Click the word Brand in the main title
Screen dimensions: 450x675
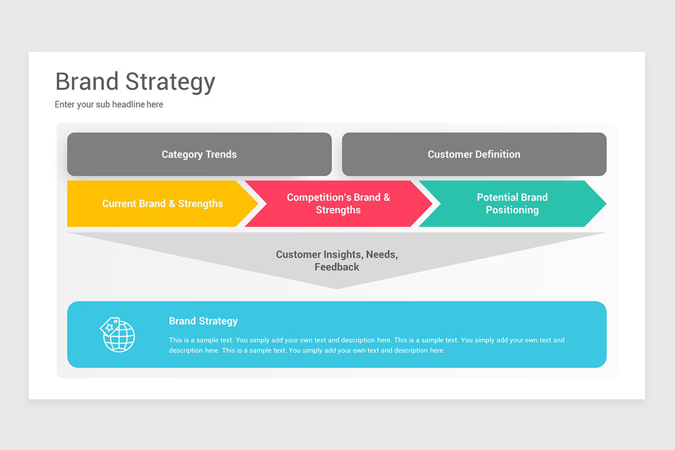coord(87,82)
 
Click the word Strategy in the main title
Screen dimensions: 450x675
coord(170,83)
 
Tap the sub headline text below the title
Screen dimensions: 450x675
coord(109,105)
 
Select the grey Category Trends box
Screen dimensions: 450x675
coord(199,154)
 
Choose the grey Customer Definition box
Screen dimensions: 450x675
coord(474,154)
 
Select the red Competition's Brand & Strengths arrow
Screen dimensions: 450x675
coord(337,204)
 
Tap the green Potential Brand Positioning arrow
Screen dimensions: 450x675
coord(512,204)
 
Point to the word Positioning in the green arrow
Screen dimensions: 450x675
coord(512,210)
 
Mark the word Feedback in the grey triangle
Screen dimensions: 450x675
coord(337,267)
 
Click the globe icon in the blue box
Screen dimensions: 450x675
coord(120,337)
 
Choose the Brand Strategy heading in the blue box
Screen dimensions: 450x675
coord(203,321)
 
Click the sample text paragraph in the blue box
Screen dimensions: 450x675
coord(366,345)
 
